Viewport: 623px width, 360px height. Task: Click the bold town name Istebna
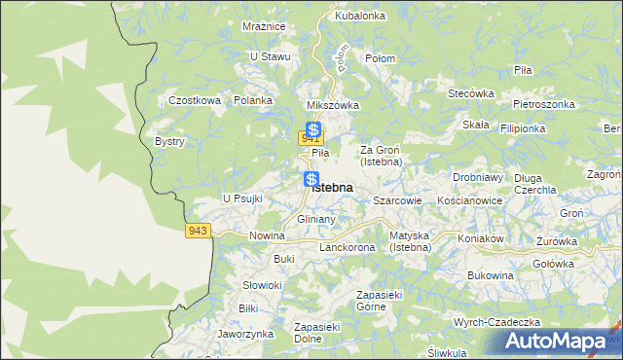tap(333, 187)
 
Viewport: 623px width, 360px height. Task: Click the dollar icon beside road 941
tap(313, 128)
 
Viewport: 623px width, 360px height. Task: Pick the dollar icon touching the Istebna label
tap(311, 179)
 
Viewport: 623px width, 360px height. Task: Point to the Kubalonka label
tap(360, 17)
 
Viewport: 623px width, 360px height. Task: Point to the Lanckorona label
tap(348, 248)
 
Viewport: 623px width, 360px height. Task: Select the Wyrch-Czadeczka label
tap(496, 322)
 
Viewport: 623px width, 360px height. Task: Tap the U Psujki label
tap(243, 198)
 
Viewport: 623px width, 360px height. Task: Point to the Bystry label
tap(169, 141)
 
